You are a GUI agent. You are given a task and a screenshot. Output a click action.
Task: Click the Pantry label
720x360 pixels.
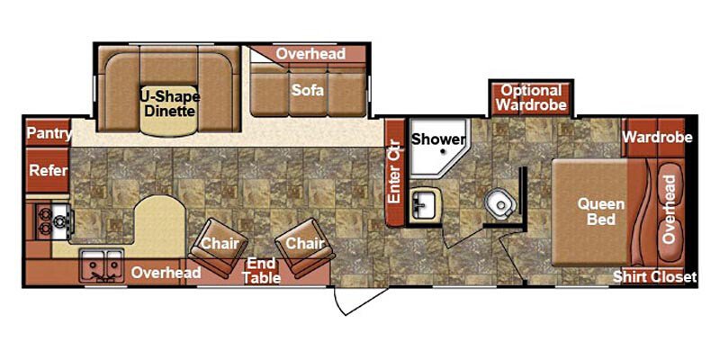point(48,133)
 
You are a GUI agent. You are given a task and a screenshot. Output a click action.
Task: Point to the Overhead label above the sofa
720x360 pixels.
point(310,54)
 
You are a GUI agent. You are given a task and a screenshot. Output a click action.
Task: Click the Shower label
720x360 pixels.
point(437,139)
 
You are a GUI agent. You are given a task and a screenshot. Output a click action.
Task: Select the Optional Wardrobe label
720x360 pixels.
point(532,97)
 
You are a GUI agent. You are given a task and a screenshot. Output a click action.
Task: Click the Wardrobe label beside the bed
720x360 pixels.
point(657,138)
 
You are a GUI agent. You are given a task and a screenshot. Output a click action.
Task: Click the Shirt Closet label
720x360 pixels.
point(654,277)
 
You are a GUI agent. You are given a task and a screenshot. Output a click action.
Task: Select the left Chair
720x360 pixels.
point(217,244)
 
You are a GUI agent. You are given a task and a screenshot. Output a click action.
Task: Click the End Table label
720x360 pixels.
point(261,270)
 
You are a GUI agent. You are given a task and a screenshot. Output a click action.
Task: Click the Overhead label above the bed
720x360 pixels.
point(669,209)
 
